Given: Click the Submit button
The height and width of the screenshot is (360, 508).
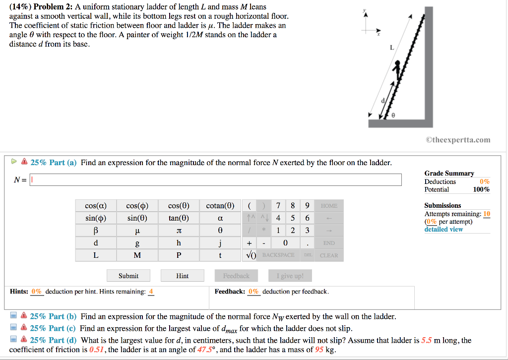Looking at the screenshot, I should coord(128,276).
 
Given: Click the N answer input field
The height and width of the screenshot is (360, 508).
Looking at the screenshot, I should coord(216,180).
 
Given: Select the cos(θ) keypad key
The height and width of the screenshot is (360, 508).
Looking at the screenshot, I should coord(179,206).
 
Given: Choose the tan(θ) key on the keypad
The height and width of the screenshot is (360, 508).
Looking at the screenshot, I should coord(179,218).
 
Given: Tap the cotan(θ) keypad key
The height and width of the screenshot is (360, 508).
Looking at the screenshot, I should coord(220,206).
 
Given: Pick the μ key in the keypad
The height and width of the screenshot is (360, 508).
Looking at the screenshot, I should coord(137,231).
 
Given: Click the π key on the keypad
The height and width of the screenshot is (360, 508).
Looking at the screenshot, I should coord(179,231).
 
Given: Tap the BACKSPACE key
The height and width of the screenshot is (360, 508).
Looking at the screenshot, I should coord(278,255).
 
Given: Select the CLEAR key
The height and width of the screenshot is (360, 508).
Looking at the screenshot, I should coord(328,255).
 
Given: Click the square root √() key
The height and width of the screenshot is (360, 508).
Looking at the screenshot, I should coord(251,255).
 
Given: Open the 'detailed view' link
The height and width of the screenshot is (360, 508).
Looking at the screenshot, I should coord(444,229).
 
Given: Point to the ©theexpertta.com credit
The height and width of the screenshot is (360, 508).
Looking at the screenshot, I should coord(458,139).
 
